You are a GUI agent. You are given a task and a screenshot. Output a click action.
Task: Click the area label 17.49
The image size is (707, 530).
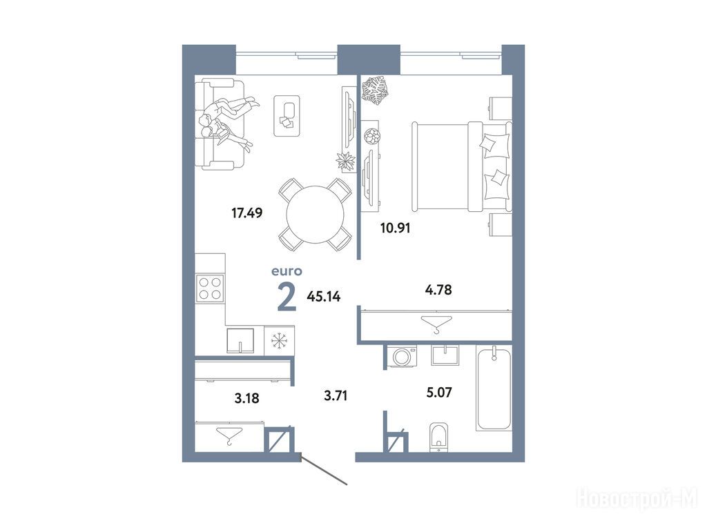click(246, 213)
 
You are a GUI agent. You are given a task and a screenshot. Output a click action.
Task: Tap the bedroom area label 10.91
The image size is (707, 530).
click(396, 228)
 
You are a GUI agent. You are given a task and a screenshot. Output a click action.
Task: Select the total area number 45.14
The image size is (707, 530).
click(323, 297)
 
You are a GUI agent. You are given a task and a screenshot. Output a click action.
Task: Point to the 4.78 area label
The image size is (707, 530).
click(438, 289)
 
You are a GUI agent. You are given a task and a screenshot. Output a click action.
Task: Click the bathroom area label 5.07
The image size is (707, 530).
click(439, 393)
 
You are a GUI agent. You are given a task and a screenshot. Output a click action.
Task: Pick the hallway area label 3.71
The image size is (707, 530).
click(336, 396)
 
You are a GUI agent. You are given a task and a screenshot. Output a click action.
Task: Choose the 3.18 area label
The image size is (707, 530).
click(247, 398)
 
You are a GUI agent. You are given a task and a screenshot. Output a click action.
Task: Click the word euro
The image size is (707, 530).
click(287, 271)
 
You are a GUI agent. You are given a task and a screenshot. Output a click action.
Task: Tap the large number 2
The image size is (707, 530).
click(287, 297)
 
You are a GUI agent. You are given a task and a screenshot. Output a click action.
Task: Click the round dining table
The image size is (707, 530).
click(315, 215)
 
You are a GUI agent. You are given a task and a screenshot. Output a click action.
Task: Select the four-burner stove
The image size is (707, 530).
click(210, 288)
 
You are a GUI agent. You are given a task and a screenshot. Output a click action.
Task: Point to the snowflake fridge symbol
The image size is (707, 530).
click(279, 340)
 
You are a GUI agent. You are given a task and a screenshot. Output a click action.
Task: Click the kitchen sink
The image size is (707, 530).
click(240, 341)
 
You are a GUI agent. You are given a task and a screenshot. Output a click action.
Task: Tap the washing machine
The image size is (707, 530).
click(401, 357)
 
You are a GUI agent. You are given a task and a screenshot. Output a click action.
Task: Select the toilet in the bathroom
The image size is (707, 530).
click(438, 437)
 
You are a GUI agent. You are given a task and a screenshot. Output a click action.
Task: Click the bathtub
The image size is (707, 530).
click(494, 389)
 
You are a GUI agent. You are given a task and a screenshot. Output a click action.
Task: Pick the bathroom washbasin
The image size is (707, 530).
click(445, 355)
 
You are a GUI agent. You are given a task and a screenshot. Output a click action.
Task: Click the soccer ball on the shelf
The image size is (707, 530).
click(372, 136)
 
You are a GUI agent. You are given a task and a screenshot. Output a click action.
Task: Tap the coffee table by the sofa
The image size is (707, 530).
click(287, 115)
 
